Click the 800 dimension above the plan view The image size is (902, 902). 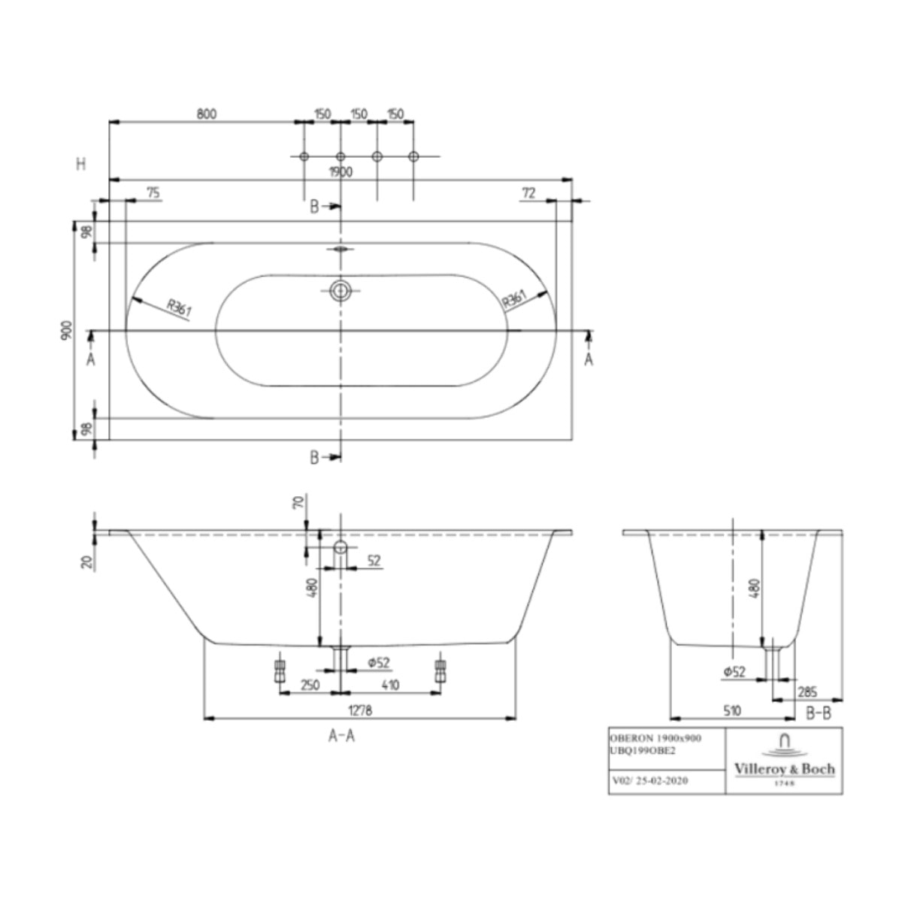pyautogui.click(x=207, y=114)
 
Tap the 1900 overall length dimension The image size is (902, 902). pyautogui.click(x=341, y=172)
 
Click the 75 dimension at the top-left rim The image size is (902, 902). pyautogui.click(x=153, y=193)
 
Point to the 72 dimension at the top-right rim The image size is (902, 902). pyautogui.click(x=528, y=193)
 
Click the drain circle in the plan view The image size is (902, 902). pyautogui.click(x=341, y=291)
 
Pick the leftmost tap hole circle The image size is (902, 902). pyautogui.click(x=304, y=156)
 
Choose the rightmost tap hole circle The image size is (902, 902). pyautogui.click(x=413, y=156)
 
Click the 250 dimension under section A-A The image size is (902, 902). pyautogui.click(x=310, y=686)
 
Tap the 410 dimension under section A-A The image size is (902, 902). pyautogui.click(x=390, y=686)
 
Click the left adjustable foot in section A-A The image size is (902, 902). pyautogui.click(x=280, y=672)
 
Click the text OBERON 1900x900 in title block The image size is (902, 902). pyautogui.click(x=655, y=738)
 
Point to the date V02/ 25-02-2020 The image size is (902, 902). pyautogui.click(x=651, y=781)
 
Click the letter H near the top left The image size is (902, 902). pyautogui.click(x=81, y=164)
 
